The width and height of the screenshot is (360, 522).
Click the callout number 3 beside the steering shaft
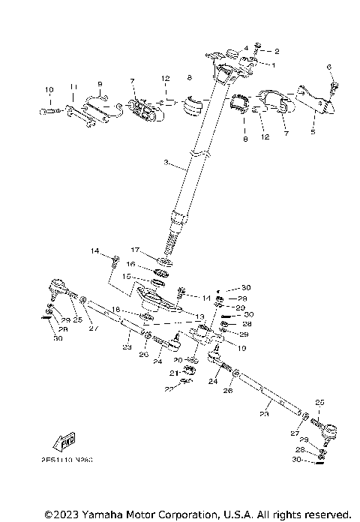tap(166, 163)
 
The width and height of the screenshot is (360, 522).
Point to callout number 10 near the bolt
tap(49, 90)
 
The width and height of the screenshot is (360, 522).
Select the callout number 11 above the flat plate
tap(72, 87)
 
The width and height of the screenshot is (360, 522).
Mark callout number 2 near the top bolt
tap(277, 51)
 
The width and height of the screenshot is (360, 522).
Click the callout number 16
tap(130, 264)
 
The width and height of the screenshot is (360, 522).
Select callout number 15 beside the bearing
tap(126, 277)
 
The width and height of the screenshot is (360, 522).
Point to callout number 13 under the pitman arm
tap(199, 317)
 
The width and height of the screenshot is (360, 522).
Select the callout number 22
tap(169, 388)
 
